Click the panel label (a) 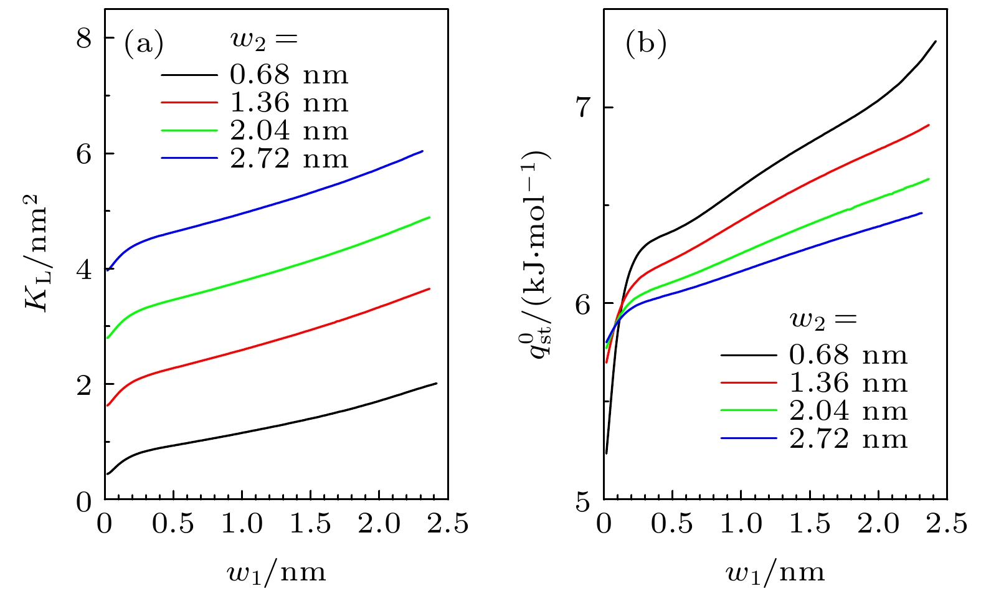pos(144,44)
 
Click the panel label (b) pos(646,44)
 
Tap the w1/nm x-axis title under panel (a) pos(276,571)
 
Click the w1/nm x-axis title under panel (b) pos(775,571)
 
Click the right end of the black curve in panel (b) pos(936,42)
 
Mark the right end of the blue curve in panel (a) pos(423,151)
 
